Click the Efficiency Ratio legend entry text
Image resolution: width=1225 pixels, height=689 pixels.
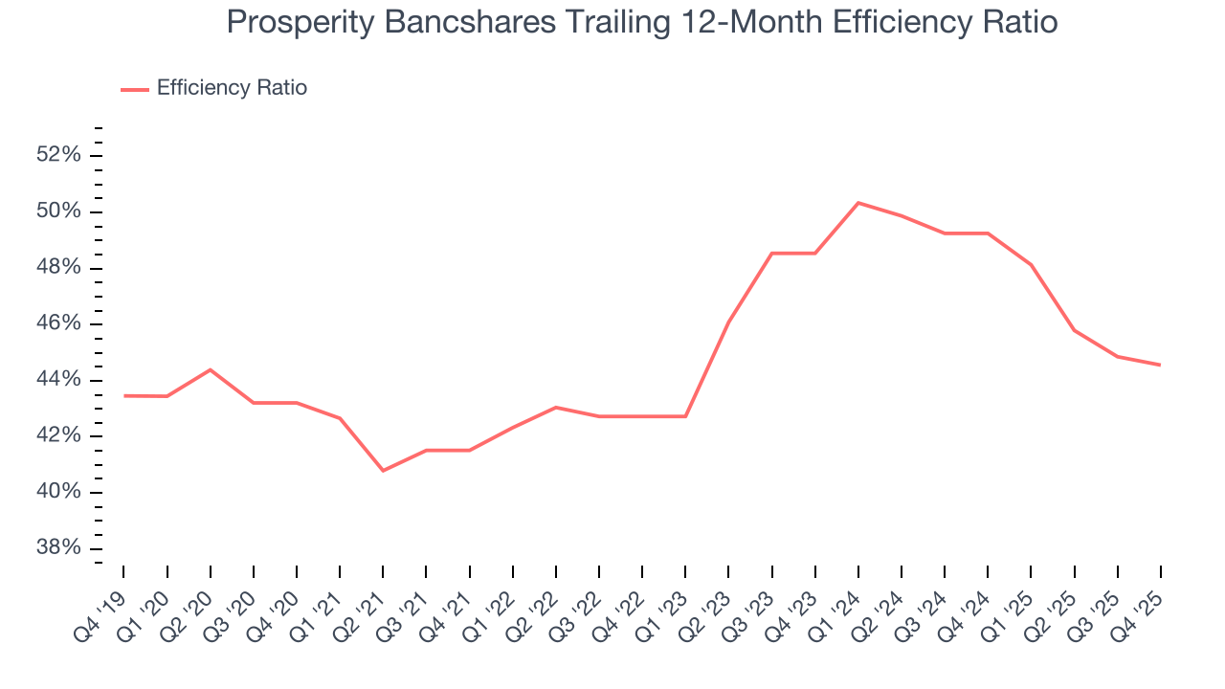pyautogui.click(x=232, y=88)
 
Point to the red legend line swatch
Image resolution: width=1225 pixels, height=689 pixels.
pyautogui.click(x=135, y=89)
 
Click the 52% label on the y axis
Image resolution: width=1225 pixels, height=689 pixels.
pyautogui.click(x=58, y=155)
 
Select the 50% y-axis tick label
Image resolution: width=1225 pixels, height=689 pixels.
pyautogui.click(x=58, y=211)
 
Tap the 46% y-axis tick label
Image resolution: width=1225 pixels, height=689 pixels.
pyautogui.click(x=58, y=323)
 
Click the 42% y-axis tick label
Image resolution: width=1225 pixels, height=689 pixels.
pyautogui.click(x=58, y=436)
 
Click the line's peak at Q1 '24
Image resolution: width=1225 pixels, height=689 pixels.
pyautogui.click(x=858, y=203)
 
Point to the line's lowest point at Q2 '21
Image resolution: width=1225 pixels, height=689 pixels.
pyautogui.click(x=383, y=471)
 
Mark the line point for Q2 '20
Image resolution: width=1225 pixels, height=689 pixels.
pyautogui.click(x=211, y=369)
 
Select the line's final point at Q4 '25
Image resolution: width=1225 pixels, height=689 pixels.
pyautogui.click(x=1160, y=365)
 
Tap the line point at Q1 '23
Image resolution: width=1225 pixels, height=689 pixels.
pyautogui.click(x=685, y=416)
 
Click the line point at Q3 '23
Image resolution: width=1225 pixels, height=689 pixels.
pyautogui.click(x=771, y=254)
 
